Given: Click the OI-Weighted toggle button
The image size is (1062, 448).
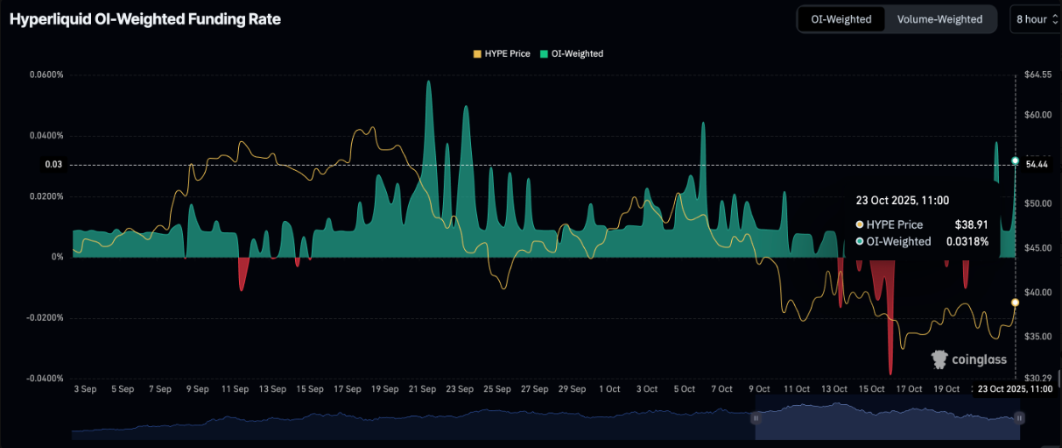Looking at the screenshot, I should (841, 19).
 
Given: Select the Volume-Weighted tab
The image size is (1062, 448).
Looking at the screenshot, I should (939, 19).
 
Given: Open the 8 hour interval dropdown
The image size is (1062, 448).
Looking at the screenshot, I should (1037, 19).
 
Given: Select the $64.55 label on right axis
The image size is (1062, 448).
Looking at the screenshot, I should (1037, 75).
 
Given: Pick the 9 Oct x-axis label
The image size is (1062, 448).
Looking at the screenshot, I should (758, 389).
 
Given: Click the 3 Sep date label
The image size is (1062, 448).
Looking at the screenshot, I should (85, 389).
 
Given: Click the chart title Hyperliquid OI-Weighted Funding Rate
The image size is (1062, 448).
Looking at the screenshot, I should (145, 19).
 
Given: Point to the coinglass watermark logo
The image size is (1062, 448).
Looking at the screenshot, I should (968, 359).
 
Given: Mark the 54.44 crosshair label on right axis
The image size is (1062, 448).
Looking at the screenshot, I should (1037, 165).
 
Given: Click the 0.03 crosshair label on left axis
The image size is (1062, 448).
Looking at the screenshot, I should (54, 165).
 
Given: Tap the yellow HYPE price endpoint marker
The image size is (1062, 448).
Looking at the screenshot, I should (1015, 302).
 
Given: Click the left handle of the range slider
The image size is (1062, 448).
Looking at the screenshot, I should (756, 419).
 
